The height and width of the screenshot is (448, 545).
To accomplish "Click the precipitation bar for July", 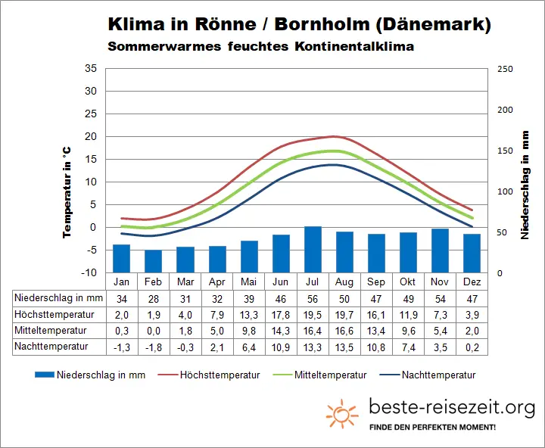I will point(313,249).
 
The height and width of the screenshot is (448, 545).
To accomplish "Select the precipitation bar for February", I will point(153,260).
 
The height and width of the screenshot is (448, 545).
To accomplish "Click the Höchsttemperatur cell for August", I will point(344,314).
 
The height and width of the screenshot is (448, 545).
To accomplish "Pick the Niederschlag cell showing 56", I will point(313,298).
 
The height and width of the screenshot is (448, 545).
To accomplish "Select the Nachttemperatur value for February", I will point(153,347).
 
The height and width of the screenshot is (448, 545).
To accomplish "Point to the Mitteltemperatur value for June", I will point(281,330).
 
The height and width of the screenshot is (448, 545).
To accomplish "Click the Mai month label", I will point(249,282).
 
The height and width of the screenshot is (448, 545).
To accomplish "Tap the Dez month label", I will point(472,282).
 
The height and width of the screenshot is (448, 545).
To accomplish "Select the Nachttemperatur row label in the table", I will point(51,347).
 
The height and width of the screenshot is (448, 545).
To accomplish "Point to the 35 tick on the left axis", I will point(91,68).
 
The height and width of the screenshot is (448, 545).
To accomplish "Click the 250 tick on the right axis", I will point(505,69).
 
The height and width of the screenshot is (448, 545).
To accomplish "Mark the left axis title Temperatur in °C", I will point(67,194).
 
